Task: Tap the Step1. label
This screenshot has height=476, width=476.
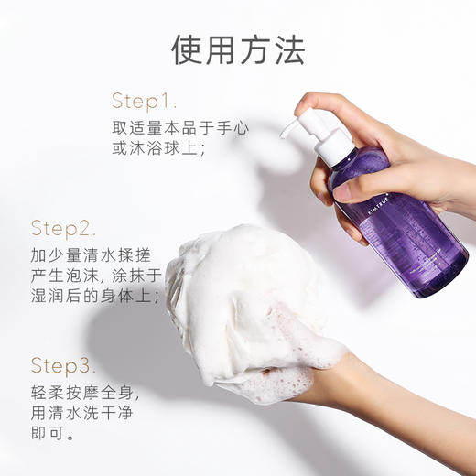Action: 145,101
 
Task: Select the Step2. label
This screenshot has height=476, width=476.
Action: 63,228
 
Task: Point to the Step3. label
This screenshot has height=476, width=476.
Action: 63,366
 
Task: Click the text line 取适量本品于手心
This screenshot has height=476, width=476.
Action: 179,127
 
